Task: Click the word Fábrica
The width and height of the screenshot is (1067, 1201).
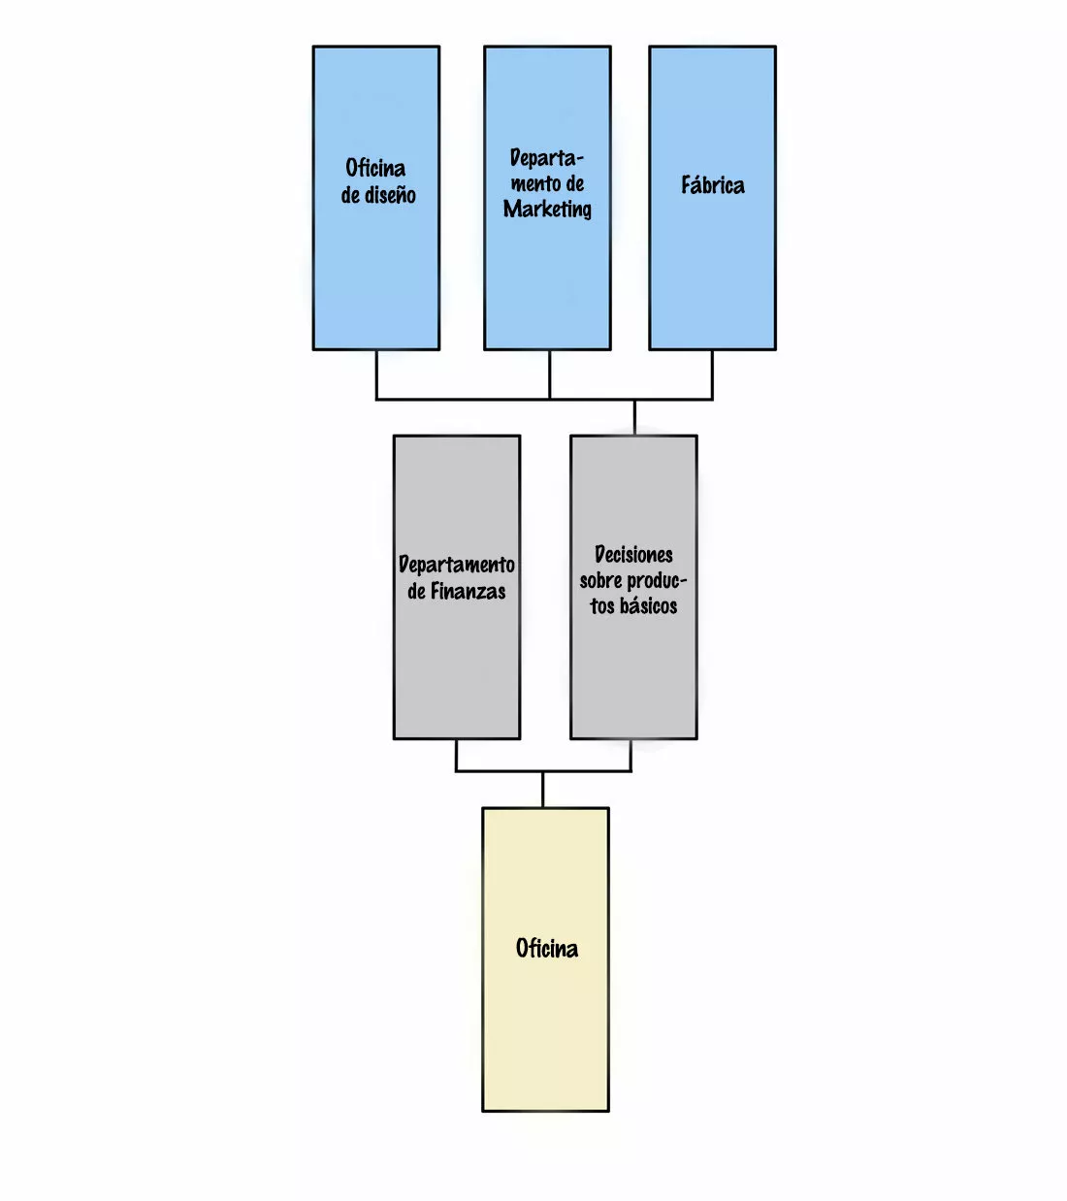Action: (x=712, y=185)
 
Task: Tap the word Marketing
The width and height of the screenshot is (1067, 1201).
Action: (x=547, y=210)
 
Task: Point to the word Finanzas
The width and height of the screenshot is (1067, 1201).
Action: (x=468, y=592)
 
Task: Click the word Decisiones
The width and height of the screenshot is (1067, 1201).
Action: (x=633, y=555)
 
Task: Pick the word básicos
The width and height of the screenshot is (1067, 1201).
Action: (x=648, y=606)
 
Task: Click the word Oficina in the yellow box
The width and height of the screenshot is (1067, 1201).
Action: (x=546, y=949)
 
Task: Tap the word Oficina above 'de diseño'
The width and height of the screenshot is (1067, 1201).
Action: (x=375, y=168)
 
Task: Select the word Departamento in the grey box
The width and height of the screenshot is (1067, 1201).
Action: (x=456, y=565)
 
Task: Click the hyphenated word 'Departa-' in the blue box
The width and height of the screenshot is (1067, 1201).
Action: (x=547, y=158)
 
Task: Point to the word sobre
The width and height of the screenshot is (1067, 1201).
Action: (x=600, y=581)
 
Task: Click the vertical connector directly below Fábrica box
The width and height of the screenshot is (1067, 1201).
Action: (x=712, y=373)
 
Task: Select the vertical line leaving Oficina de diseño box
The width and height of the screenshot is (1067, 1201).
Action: (x=376, y=373)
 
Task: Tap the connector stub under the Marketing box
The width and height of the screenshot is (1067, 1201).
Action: (x=549, y=373)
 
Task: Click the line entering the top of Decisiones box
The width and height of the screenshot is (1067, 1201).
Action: (x=634, y=417)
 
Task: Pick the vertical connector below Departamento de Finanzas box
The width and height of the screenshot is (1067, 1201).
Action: (x=456, y=755)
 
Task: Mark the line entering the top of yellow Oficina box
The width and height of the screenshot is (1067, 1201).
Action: (x=542, y=790)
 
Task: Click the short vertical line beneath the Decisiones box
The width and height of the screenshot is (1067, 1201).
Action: (x=631, y=755)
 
